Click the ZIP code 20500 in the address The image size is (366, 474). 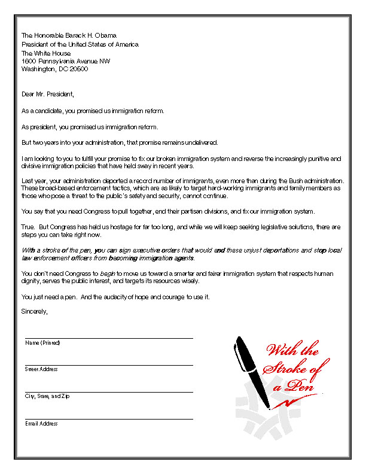click(x=79, y=69)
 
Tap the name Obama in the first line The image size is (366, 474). click(x=104, y=36)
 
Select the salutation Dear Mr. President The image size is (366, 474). click(x=47, y=94)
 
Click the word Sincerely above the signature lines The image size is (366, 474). click(x=33, y=311)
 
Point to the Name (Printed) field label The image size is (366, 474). click(x=42, y=343)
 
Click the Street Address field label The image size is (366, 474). click(x=41, y=369)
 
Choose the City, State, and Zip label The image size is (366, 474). click(x=47, y=396)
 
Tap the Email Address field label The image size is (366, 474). click(x=41, y=424)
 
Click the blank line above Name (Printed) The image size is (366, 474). click(x=109, y=338)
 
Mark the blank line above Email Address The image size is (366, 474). click(x=109, y=419)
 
